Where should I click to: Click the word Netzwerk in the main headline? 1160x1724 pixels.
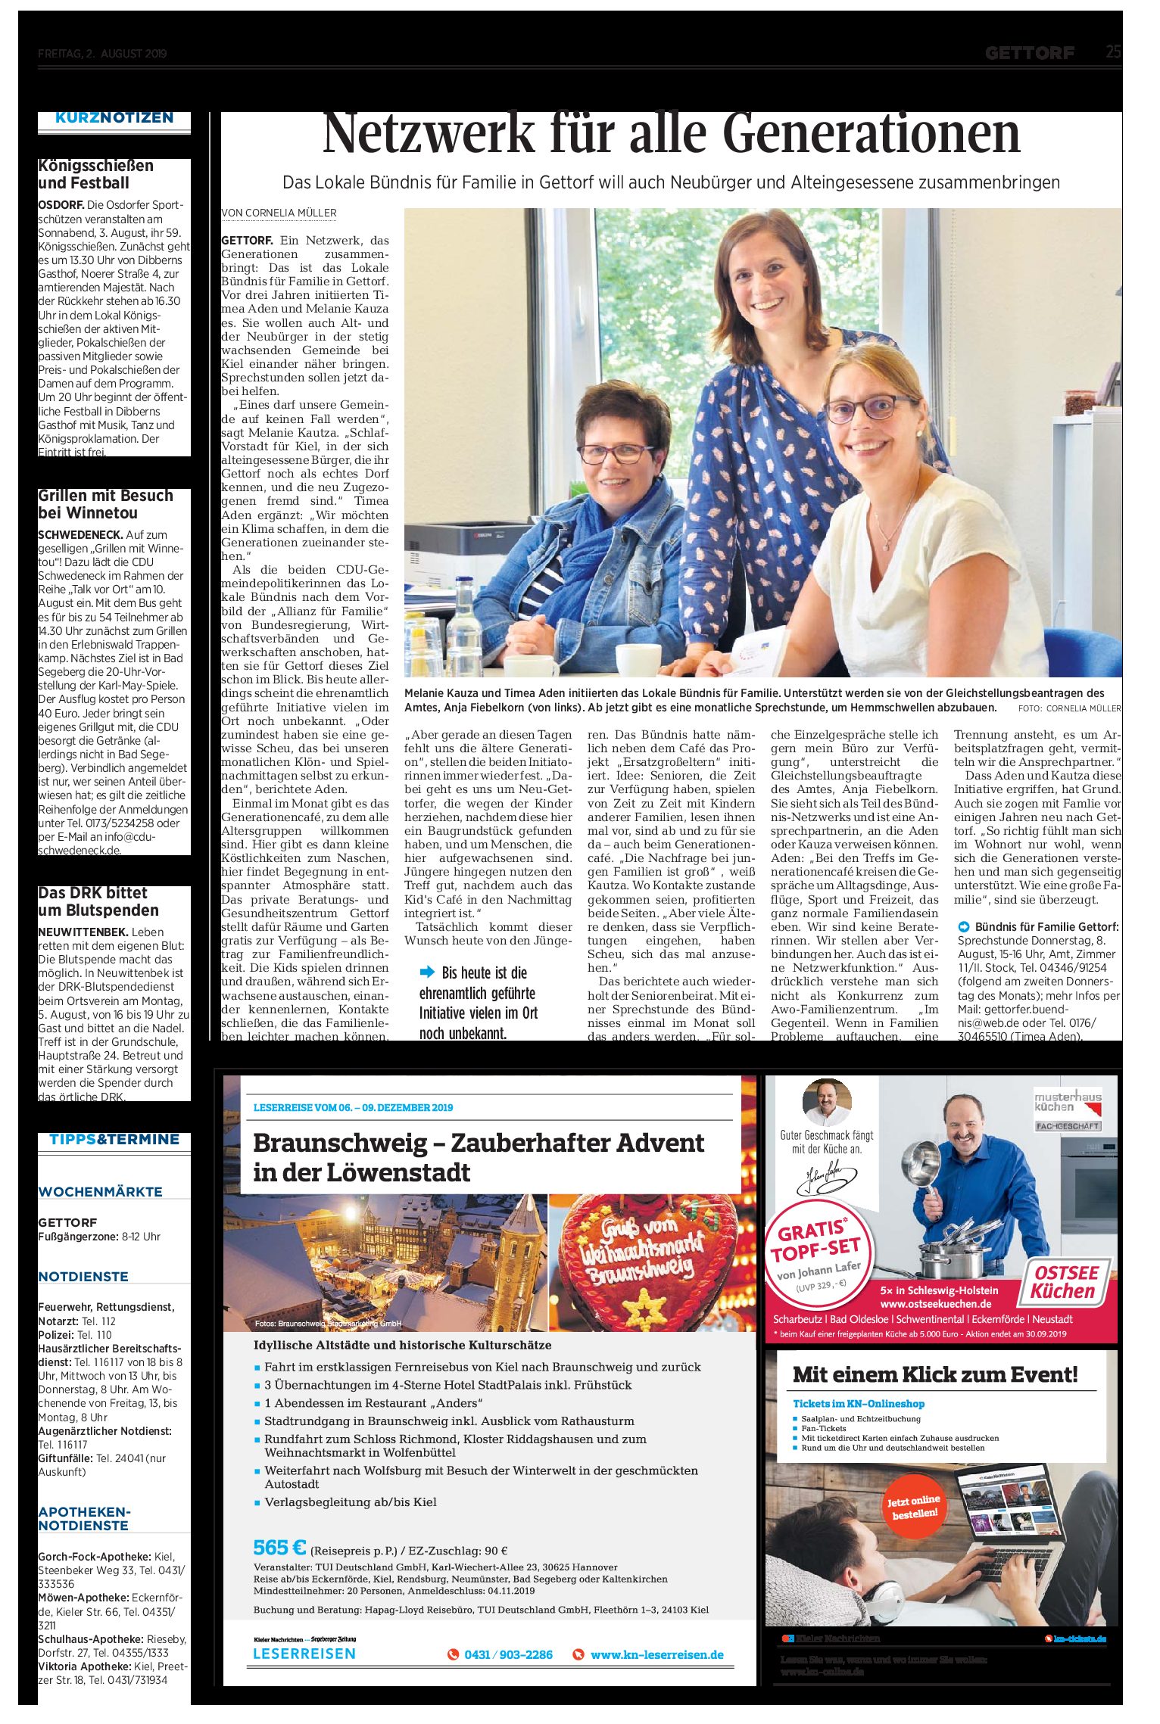(x=428, y=135)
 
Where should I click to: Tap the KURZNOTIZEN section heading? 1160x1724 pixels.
(x=114, y=118)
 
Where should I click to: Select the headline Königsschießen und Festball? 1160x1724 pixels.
(x=95, y=174)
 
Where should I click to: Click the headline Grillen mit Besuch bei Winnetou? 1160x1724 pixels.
(x=105, y=504)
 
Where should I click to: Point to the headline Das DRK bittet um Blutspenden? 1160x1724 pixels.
(x=98, y=901)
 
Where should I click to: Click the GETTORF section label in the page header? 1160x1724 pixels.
(x=1030, y=53)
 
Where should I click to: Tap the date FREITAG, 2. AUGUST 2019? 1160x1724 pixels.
(x=102, y=54)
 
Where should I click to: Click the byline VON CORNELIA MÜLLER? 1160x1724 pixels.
(x=279, y=213)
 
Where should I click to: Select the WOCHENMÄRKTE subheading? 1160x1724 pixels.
(x=100, y=1191)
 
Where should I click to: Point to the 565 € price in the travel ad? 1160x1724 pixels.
(x=279, y=1547)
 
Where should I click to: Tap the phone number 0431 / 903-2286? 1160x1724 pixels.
(x=508, y=1654)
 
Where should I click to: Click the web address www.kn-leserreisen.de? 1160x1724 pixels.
(x=656, y=1654)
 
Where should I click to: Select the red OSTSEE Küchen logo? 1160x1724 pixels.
(x=1065, y=1282)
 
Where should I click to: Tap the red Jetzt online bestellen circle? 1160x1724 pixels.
(x=915, y=1506)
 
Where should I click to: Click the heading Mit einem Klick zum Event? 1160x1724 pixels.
(x=934, y=1374)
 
